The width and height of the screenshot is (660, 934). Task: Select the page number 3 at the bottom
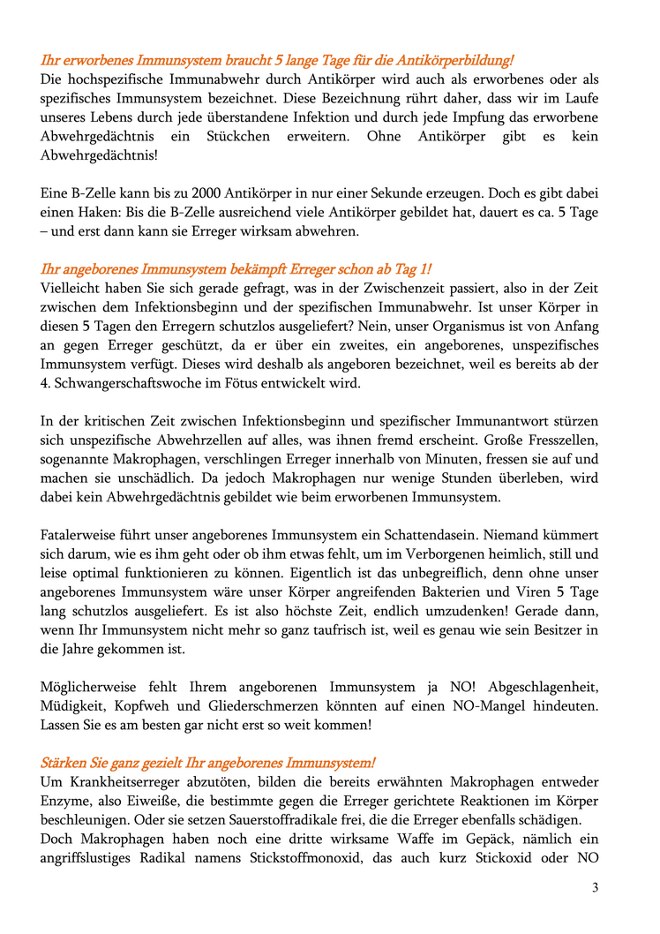pyautogui.click(x=595, y=888)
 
